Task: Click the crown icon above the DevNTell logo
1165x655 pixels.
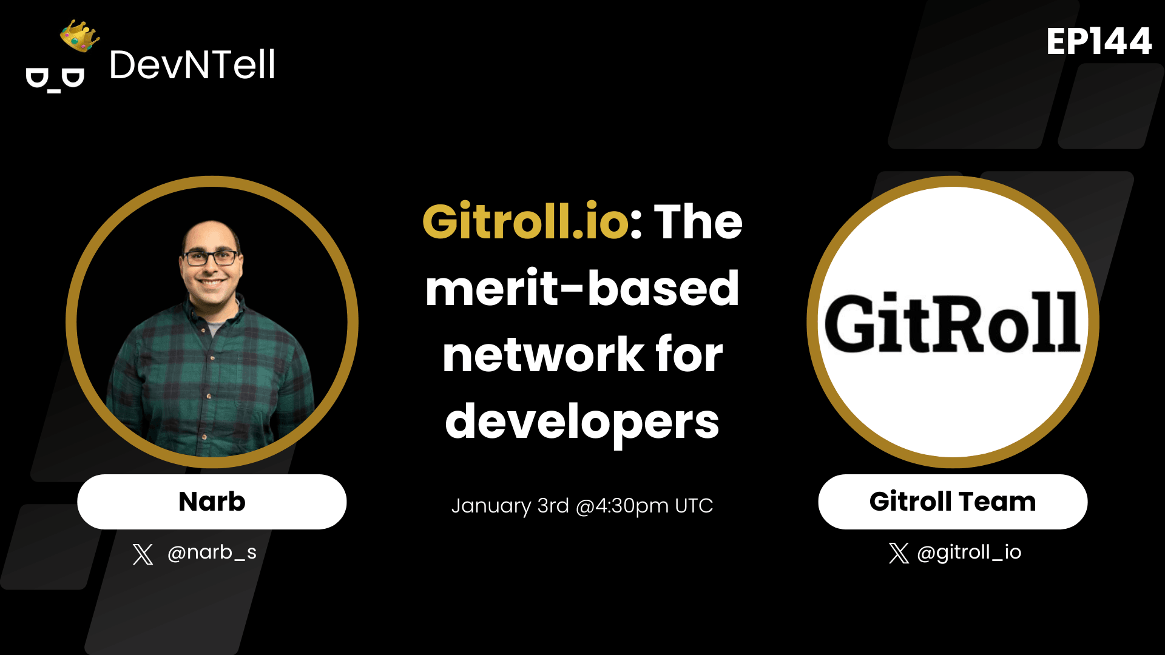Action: pos(79,36)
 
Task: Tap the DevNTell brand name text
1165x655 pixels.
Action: pos(192,65)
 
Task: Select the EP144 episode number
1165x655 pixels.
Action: pos(1099,42)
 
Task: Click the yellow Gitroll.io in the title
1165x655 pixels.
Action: pos(525,222)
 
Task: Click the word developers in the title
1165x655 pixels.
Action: pos(582,423)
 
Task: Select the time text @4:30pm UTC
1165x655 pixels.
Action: pos(644,506)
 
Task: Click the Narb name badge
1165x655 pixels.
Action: pos(212,502)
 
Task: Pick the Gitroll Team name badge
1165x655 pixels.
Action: pos(953,502)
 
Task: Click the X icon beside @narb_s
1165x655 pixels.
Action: pos(143,554)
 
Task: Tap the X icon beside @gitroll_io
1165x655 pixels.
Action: pos(899,553)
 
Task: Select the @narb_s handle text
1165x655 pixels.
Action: pos(212,553)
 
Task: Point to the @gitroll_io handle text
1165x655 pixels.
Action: pos(969,553)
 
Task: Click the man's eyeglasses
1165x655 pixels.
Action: pos(211,258)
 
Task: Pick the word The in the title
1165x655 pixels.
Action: pos(698,222)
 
